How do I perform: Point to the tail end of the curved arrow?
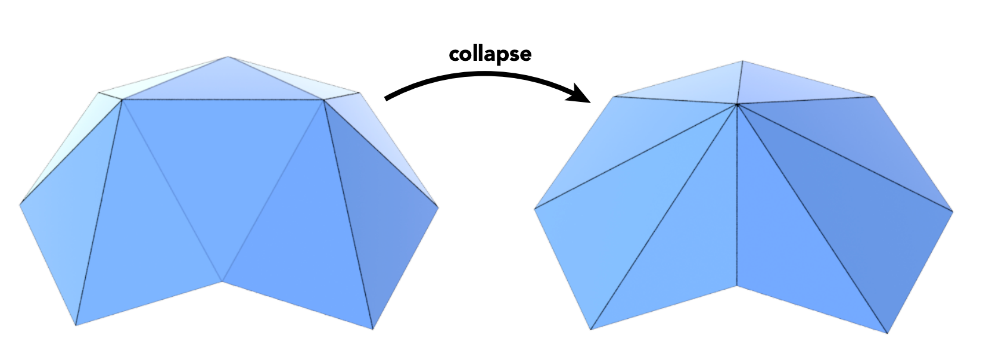click(x=386, y=99)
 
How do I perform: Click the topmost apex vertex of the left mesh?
click(x=228, y=57)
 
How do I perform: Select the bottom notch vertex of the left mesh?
click(x=222, y=281)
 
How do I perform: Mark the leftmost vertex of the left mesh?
click(x=20, y=204)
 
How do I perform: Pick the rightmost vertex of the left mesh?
click(x=438, y=206)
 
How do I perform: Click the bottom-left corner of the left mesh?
click(x=76, y=325)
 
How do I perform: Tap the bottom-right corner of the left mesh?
click(x=372, y=329)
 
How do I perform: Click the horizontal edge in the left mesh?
click(x=223, y=100)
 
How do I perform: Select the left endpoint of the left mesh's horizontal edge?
click(x=122, y=100)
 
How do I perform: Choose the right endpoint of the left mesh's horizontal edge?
click(x=324, y=100)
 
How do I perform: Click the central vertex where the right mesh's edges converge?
click(x=738, y=104)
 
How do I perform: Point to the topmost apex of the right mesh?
click(x=742, y=61)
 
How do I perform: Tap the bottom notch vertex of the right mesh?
click(x=737, y=286)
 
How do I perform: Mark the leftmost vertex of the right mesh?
click(x=534, y=208)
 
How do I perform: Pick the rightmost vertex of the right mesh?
click(x=953, y=212)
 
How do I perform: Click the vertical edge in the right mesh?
click(x=738, y=195)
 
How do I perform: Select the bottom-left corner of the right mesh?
click(x=590, y=329)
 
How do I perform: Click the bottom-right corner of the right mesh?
click(x=887, y=333)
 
